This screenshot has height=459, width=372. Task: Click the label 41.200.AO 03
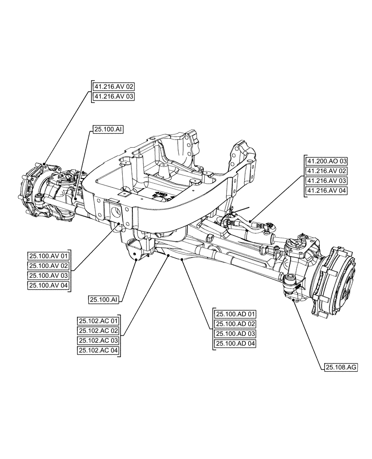coord(327,161)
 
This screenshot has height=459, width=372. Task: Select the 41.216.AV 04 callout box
coord(327,190)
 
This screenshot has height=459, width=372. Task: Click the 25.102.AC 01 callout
coord(98,321)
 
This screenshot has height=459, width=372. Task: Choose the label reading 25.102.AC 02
coord(98,330)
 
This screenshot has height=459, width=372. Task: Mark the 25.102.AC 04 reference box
coord(98,350)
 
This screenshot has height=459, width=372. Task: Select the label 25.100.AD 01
coord(235,314)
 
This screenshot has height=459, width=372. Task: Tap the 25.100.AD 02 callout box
coord(235,324)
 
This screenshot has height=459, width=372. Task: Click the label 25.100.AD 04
coord(235,343)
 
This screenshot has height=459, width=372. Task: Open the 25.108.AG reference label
coord(341,367)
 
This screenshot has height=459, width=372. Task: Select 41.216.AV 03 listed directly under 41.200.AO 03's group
coord(327,180)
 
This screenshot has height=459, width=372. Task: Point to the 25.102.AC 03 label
coord(98,341)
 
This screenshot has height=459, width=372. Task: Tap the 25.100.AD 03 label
coord(235,334)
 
